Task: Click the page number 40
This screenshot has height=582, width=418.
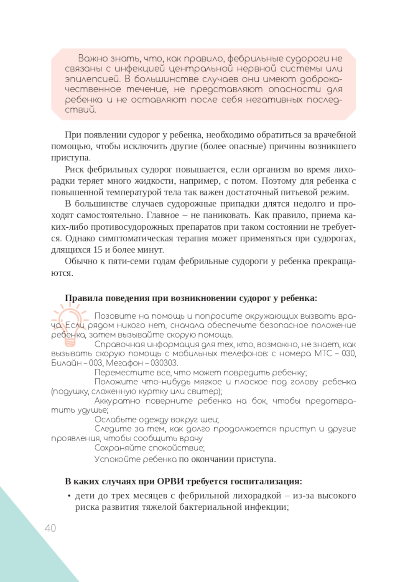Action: click(50, 528)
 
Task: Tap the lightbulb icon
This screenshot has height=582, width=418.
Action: click(70, 324)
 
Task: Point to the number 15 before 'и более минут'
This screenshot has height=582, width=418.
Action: click(97, 250)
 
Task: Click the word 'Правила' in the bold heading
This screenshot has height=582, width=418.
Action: click(84, 298)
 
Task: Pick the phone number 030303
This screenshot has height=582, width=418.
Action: click(164, 363)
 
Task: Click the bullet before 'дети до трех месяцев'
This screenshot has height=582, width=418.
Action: click(69, 496)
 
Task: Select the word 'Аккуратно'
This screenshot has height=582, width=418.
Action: click(117, 401)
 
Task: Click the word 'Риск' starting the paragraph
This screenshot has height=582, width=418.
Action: click(74, 170)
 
